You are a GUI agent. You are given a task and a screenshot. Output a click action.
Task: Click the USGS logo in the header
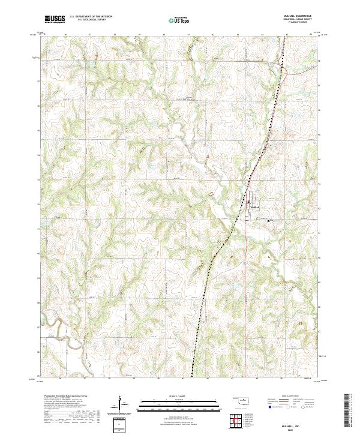[x=55, y=19]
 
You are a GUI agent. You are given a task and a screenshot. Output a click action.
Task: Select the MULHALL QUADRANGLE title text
[x=294, y=16]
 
